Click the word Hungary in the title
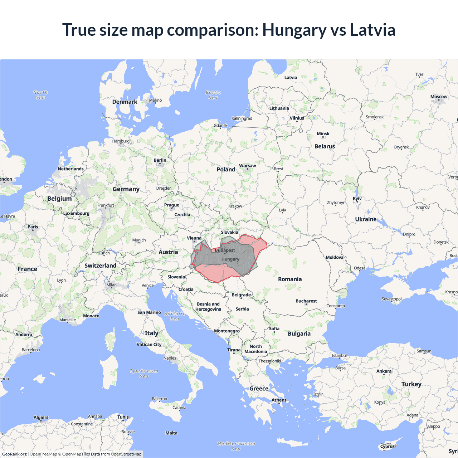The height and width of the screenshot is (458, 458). pyautogui.click(x=294, y=30)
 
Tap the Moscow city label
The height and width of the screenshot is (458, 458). pyautogui.click(x=439, y=97)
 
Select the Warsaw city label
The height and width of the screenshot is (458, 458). pyautogui.click(x=247, y=166)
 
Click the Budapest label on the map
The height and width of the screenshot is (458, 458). pyautogui.click(x=225, y=250)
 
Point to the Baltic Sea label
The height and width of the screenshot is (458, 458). pyautogui.click(x=213, y=95)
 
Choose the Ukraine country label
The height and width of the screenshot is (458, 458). pyautogui.click(x=366, y=219)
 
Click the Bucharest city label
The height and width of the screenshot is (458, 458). pyautogui.click(x=306, y=301)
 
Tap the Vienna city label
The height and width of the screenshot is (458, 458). pyautogui.click(x=194, y=238)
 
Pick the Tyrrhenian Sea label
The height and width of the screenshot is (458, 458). pyautogui.click(x=144, y=374)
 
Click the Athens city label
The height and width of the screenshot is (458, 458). pyautogui.click(x=279, y=400)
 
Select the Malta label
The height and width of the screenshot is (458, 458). pyautogui.click(x=171, y=433)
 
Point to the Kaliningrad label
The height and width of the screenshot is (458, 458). pyautogui.click(x=242, y=118)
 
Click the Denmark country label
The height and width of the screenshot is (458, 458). pyautogui.click(x=125, y=102)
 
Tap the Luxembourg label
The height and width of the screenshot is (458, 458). pyautogui.click(x=76, y=213)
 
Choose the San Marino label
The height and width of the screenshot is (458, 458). pyautogui.click(x=149, y=312)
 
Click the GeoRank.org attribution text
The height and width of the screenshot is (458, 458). pyautogui.click(x=14, y=454)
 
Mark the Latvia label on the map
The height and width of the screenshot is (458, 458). pyautogui.click(x=291, y=78)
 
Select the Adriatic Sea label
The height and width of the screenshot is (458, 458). pyautogui.click(x=175, y=316)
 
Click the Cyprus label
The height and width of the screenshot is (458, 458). pyautogui.click(x=387, y=446)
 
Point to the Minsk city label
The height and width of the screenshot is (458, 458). pyautogui.click(x=323, y=134)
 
